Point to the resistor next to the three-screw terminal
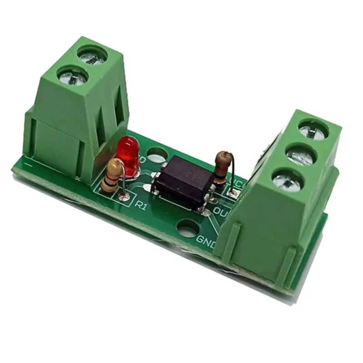pos(221,168)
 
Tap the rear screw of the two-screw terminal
pos(92,55)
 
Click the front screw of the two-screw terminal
pos(73,75)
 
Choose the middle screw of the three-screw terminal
pos(300,156)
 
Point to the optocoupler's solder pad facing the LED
pos(146,186)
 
